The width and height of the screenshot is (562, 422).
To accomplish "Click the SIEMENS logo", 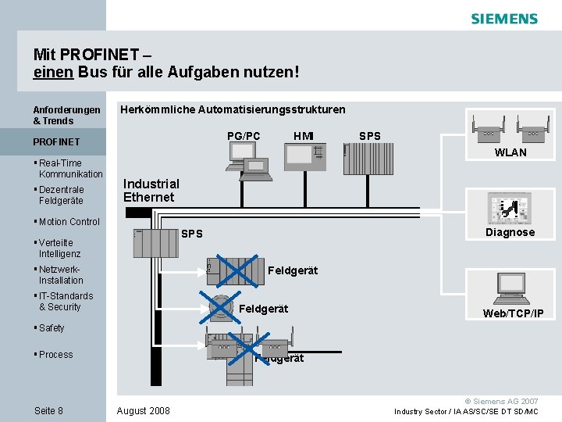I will point(504,19).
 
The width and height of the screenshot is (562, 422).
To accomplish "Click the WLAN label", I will point(510,152).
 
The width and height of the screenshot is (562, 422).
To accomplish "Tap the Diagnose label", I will point(510,232).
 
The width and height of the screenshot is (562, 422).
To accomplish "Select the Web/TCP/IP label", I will point(513,313).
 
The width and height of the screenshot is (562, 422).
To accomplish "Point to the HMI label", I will point(304,136).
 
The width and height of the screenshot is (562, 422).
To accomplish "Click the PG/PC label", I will point(244,136).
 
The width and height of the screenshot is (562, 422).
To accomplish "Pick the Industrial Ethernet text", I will point(151,191).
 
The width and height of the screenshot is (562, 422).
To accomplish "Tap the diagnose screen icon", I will point(509,209).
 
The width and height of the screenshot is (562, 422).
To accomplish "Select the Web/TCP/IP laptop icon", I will point(511,290).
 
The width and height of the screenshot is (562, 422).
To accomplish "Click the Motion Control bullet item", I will point(69,222).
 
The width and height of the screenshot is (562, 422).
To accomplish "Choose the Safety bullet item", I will point(52,328).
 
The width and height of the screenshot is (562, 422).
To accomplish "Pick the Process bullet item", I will point(55,355).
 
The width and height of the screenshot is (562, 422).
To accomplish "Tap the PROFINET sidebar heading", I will point(56,142).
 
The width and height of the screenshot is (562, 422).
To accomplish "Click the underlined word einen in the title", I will point(52,72).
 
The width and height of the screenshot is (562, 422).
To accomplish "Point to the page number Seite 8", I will point(48,411).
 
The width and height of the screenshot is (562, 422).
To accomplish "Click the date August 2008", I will point(143,411).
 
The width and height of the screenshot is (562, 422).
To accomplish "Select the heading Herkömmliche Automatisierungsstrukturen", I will point(233,109).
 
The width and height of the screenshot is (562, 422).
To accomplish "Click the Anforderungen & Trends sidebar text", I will point(66,116).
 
